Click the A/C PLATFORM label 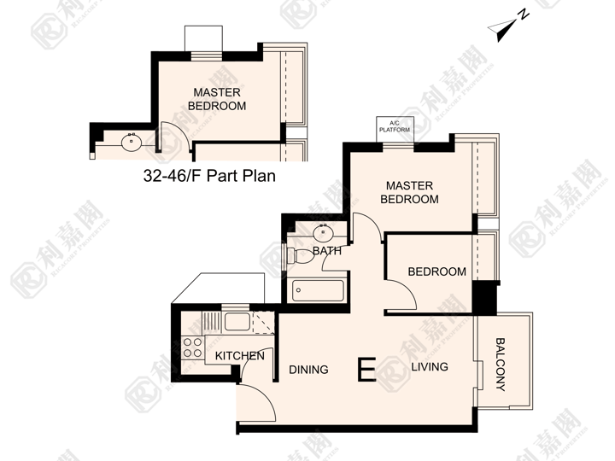tap(395, 126)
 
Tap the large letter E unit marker tap(366, 370)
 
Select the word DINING tap(308, 370)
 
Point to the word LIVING tap(430, 367)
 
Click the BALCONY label tap(501, 365)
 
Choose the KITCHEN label tap(240, 356)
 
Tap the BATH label tap(327, 251)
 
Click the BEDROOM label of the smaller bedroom tap(437, 271)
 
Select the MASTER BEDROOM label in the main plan tap(409, 192)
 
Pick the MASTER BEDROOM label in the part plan tap(217, 99)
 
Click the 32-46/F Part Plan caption tap(209, 176)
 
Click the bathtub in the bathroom tap(318, 290)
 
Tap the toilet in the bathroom tap(300, 255)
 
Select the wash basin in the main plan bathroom tap(323, 233)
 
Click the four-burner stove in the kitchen tap(192, 348)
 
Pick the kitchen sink tap(237, 322)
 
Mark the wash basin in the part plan tap(132, 143)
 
